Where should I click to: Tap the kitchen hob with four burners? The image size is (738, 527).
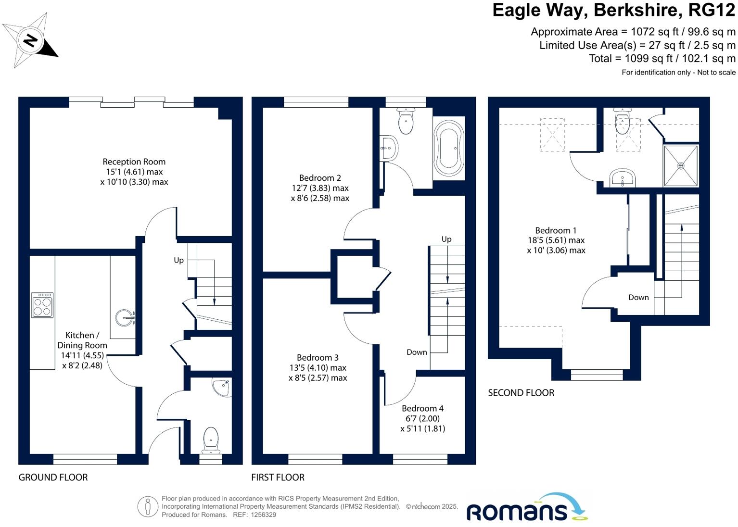pyautogui.click(x=42, y=305)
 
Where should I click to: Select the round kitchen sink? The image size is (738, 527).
pyautogui.click(x=126, y=317)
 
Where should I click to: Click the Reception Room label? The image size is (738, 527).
pyautogui.click(x=134, y=162)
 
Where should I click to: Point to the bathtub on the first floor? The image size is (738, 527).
pyautogui.click(x=449, y=148)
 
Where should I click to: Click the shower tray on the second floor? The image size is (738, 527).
pyautogui.click(x=680, y=165)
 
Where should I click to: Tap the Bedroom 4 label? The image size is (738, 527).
pyautogui.click(x=422, y=408)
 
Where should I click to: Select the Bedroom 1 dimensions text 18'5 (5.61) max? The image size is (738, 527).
pyautogui.click(x=556, y=240)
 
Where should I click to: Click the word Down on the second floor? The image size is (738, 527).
pyautogui.click(x=638, y=298)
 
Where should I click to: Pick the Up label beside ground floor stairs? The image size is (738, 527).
pyautogui.click(x=178, y=260)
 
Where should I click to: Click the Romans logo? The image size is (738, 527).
pyautogui.click(x=526, y=509)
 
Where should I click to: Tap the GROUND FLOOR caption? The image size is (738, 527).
pyautogui.click(x=53, y=477)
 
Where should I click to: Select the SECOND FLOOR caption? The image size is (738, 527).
pyautogui.click(x=521, y=393)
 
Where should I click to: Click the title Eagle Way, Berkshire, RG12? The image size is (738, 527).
pyautogui.click(x=613, y=11)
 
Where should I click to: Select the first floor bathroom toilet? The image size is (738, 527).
pyautogui.click(x=406, y=121)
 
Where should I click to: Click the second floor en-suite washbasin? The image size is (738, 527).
pyautogui.click(x=623, y=178)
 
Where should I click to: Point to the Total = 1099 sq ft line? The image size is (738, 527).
pyautogui.click(x=662, y=59)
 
